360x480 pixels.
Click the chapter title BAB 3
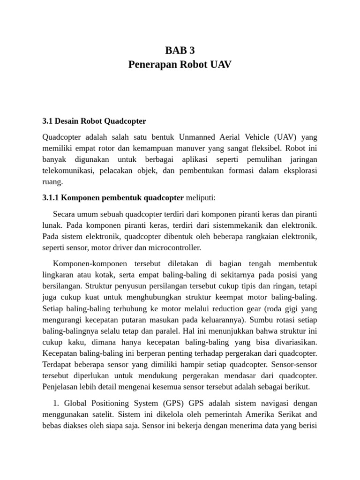coord(180,51)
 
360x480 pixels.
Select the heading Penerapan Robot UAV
coord(180,65)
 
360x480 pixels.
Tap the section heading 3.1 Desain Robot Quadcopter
coord(94,121)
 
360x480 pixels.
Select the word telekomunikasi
coord(68,171)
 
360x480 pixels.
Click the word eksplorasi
coord(298,171)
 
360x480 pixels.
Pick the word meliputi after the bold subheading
coord(201,198)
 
